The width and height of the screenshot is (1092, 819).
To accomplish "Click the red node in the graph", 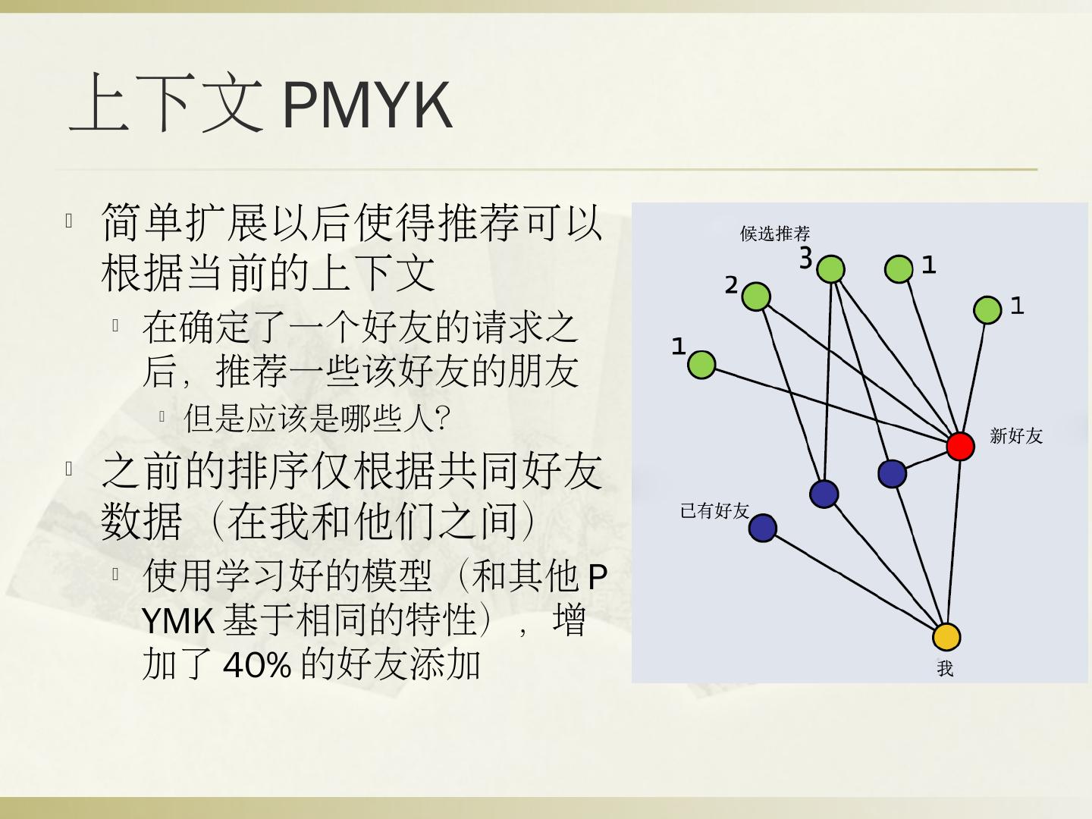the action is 960,446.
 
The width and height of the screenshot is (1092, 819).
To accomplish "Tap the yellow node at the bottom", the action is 946,637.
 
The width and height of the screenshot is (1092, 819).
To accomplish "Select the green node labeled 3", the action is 832,268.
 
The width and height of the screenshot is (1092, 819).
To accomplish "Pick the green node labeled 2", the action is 756,297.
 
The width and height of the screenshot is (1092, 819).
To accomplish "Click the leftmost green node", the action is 701,364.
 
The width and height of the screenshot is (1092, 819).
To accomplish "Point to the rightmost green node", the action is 987,310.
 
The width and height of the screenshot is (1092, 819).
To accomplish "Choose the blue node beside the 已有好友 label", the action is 763,528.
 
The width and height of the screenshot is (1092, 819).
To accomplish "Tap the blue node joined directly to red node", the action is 893,473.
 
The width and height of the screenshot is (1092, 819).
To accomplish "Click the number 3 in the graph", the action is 805,259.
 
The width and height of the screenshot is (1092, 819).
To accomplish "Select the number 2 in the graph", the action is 731,285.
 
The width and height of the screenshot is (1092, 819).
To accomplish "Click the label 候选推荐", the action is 775,234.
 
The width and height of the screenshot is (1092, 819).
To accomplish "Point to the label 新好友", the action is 1016,435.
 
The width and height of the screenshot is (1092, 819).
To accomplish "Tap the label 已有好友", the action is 714,510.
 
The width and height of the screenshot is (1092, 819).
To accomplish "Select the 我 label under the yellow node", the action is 945,669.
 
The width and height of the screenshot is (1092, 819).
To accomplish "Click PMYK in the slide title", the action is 367,105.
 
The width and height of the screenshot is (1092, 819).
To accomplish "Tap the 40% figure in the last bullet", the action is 257,665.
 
